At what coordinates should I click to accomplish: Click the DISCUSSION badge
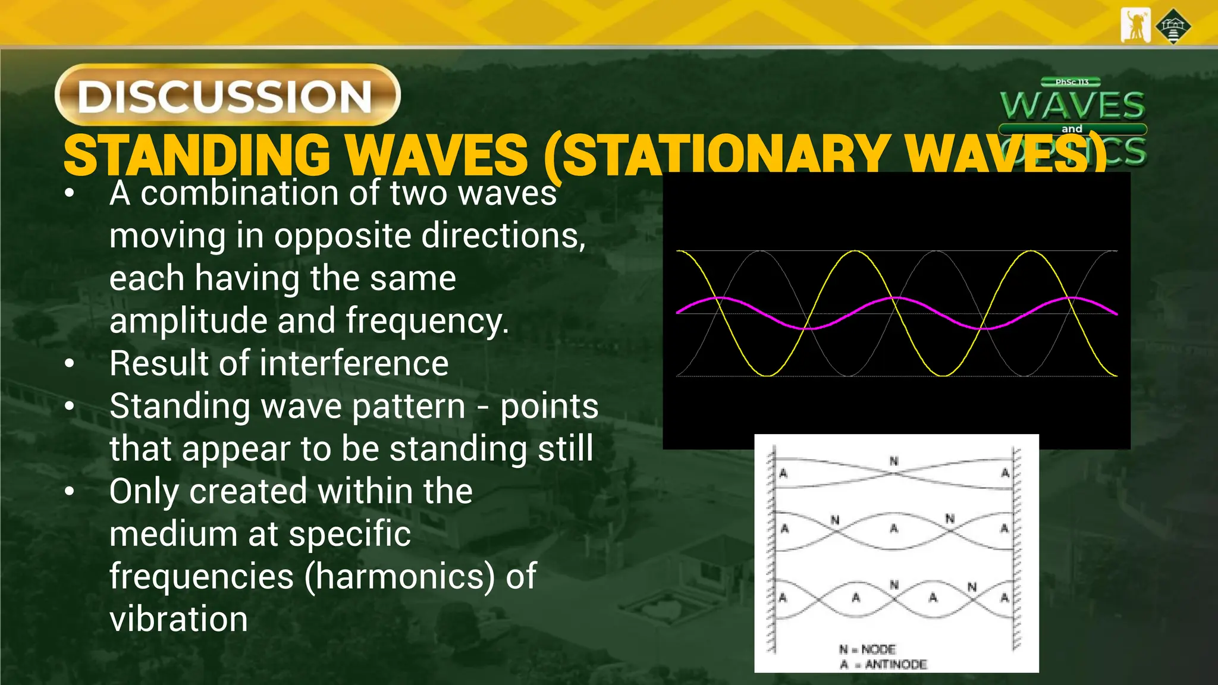(227, 95)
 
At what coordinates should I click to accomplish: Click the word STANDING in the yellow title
(196, 156)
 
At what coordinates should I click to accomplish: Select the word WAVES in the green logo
(1072, 106)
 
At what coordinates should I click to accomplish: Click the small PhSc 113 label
(1071, 82)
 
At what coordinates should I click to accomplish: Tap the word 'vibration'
(178, 620)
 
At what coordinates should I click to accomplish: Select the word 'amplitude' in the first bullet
(188, 321)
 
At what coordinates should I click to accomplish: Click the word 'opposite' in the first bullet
(343, 236)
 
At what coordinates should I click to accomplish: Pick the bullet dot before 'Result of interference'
(70, 364)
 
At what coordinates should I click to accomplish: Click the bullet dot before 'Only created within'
(70, 492)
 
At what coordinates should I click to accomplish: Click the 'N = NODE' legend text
(867, 649)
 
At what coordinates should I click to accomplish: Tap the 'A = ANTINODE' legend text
(883, 664)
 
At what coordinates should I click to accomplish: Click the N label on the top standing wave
(893, 461)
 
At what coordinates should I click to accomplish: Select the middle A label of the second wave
(893, 528)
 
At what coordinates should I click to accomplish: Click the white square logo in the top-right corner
(1135, 26)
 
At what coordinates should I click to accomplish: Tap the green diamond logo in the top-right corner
(1173, 26)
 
